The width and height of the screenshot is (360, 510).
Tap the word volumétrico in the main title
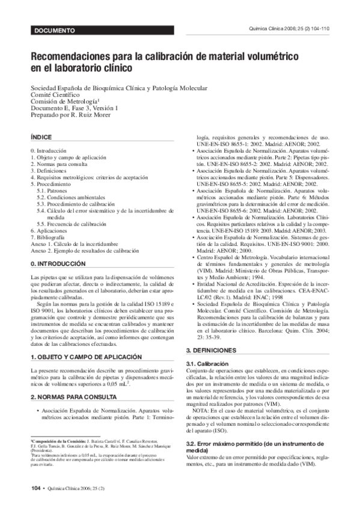point(265,56)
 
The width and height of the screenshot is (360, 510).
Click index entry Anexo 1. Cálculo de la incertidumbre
point(75,245)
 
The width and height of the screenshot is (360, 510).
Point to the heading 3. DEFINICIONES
point(217,350)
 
